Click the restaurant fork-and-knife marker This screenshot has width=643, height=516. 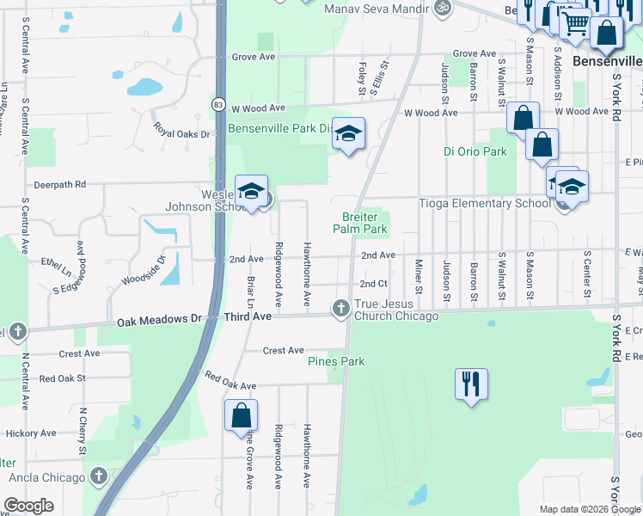[470, 384]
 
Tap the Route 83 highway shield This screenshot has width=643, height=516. [220, 103]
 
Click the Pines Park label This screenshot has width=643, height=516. [336, 362]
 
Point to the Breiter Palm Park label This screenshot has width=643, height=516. [360, 224]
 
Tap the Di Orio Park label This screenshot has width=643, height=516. [475, 152]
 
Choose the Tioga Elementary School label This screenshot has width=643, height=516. [484, 204]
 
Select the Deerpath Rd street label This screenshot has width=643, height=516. [60, 184]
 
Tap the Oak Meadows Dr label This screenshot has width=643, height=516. [159, 319]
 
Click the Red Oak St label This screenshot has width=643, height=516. [63, 378]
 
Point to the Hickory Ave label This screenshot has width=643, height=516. [30, 434]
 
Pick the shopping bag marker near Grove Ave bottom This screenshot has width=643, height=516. [241, 415]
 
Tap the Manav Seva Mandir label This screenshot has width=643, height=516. [377, 9]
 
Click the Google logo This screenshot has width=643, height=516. [29, 506]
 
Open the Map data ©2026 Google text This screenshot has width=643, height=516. [589, 509]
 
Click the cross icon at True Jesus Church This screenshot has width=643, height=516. [340, 307]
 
